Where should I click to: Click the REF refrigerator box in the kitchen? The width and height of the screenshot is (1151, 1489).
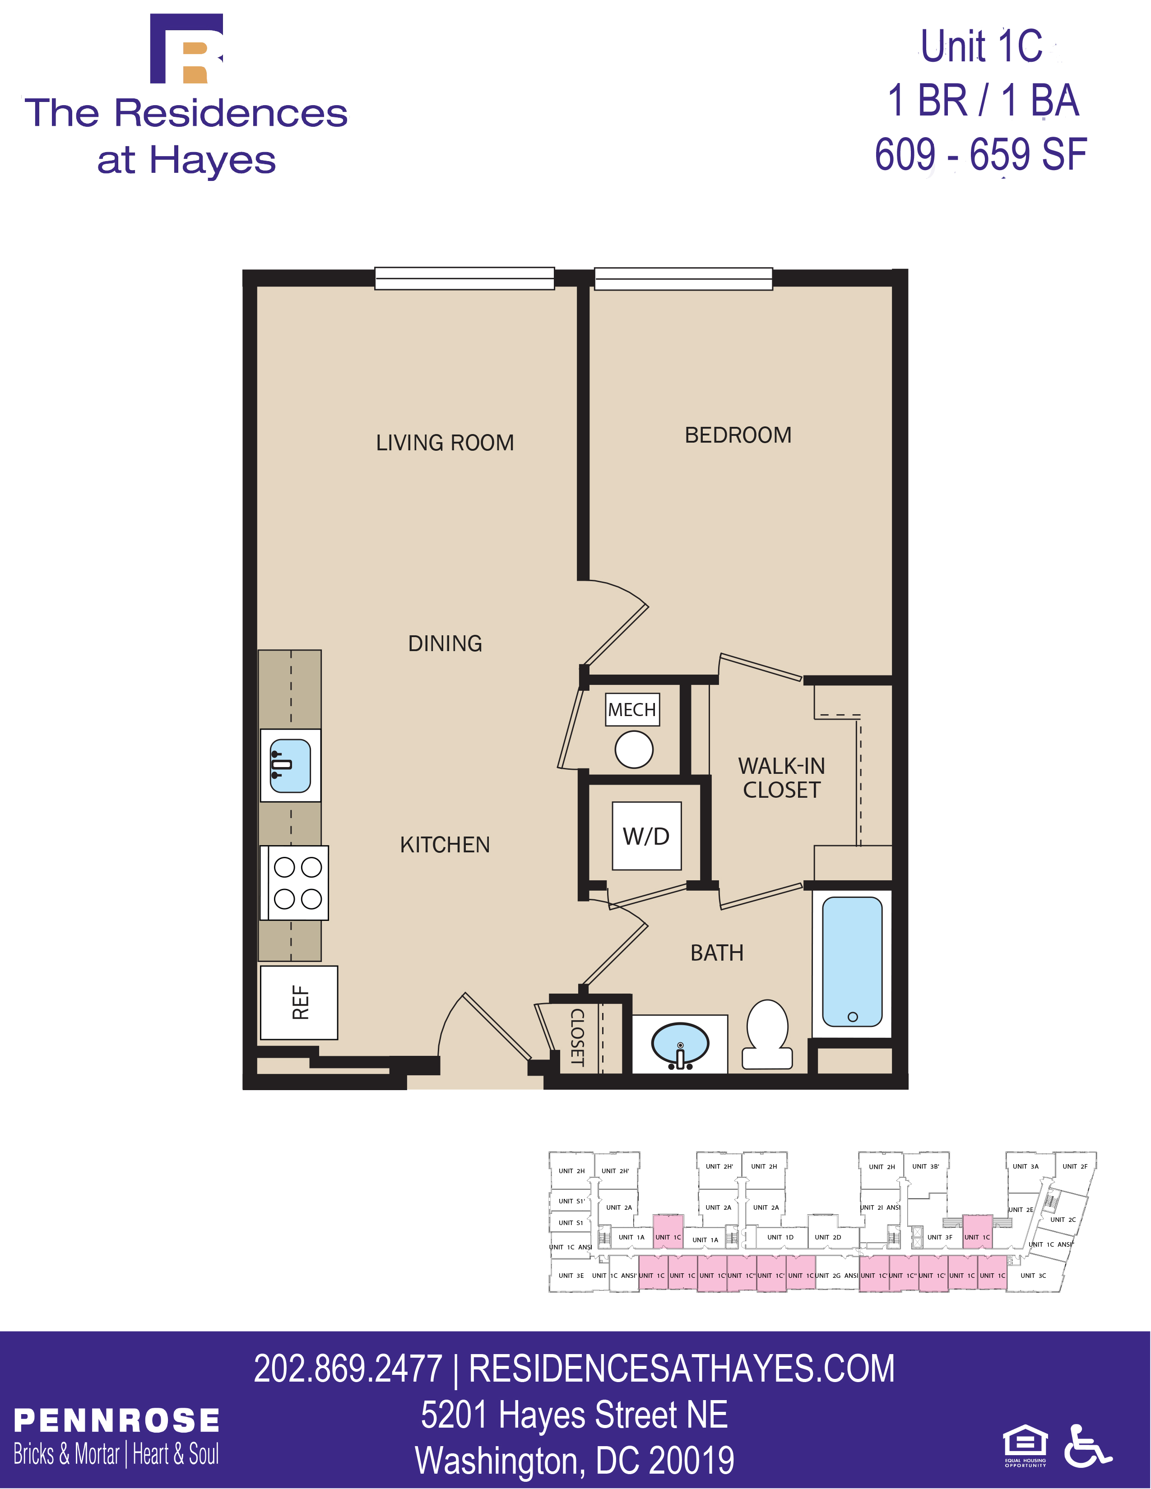299,1002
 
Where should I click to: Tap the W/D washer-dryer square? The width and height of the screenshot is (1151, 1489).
646,836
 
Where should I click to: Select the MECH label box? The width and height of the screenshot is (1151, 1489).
632,710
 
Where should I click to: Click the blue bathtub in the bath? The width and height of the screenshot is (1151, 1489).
852,961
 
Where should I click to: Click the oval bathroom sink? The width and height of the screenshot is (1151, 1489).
680,1044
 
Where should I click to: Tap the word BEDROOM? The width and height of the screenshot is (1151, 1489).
738,435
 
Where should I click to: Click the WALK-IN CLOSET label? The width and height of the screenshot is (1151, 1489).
781,778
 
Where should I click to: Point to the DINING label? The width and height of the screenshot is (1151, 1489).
445,643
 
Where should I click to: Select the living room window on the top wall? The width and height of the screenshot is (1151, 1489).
464,278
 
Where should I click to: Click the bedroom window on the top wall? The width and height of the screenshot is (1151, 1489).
683,278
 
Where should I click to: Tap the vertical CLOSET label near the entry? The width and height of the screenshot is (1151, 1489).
577,1037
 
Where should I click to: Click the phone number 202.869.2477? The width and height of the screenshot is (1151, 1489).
348,1369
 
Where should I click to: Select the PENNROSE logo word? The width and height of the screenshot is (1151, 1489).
116,1421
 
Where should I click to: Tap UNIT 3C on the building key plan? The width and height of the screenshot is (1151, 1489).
1032,1276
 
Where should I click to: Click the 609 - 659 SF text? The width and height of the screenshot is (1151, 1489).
980,155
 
